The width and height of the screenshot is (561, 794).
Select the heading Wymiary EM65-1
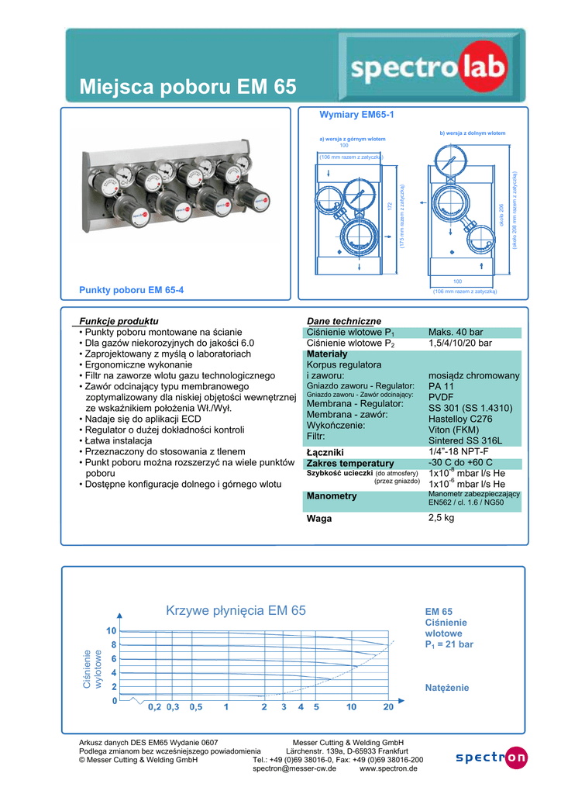(x=357, y=115)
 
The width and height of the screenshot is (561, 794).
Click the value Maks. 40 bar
(x=455, y=332)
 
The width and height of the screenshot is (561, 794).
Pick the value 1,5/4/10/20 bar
(x=460, y=343)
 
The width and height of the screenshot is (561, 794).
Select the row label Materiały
(x=327, y=354)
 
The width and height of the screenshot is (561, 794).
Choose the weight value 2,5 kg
(x=441, y=518)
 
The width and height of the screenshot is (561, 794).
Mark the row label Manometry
(x=332, y=496)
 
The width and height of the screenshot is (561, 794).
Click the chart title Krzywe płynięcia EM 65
(x=236, y=610)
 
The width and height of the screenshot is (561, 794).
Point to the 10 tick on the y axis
(x=112, y=631)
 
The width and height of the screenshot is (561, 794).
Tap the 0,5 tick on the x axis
(x=196, y=707)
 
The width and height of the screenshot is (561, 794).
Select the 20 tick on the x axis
(x=388, y=707)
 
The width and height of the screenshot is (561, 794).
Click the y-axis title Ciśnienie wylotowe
(x=92, y=668)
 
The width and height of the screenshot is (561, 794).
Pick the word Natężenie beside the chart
(x=447, y=688)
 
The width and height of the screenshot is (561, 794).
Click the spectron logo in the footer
(x=490, y=758)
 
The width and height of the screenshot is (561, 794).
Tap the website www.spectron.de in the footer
(x=388, y=768)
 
